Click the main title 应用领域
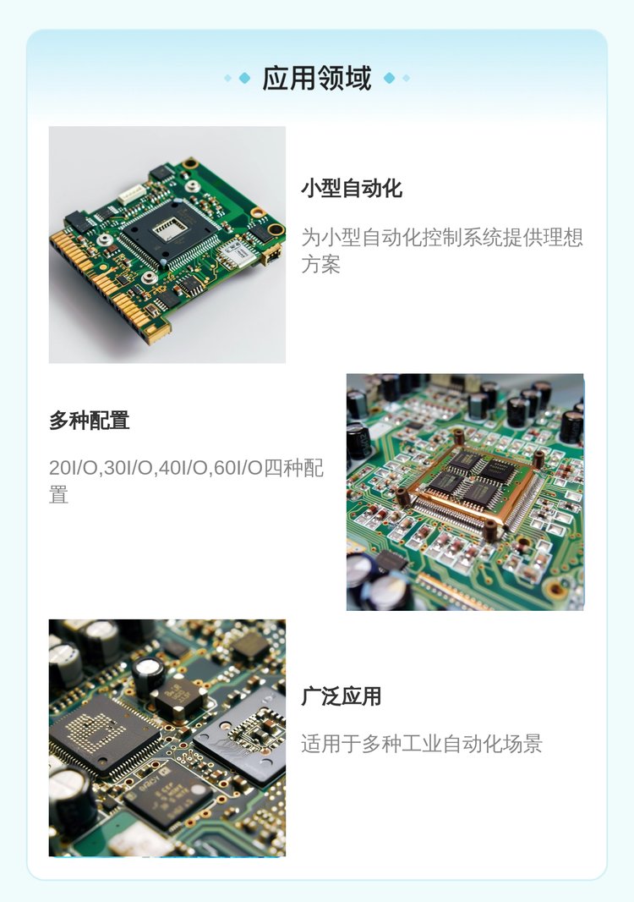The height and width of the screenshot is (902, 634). [x=317, y=78]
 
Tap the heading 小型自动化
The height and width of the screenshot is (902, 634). [x=352, y=188]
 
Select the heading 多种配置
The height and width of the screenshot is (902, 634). [x=89, y=421]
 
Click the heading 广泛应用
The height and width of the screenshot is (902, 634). [x=342, y=696]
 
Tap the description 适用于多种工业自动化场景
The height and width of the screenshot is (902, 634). [x=422, y=744]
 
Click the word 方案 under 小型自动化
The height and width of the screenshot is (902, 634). [x=321, y=265]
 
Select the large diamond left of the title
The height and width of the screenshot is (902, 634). [x=245, y=78]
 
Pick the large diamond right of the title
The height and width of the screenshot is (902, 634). [x=389, y=78]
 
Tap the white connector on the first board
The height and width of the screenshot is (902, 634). [x=131, y=195]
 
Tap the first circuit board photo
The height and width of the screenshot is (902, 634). [x=167, y=245]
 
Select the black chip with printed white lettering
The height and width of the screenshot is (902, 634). [x=167, y=795]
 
